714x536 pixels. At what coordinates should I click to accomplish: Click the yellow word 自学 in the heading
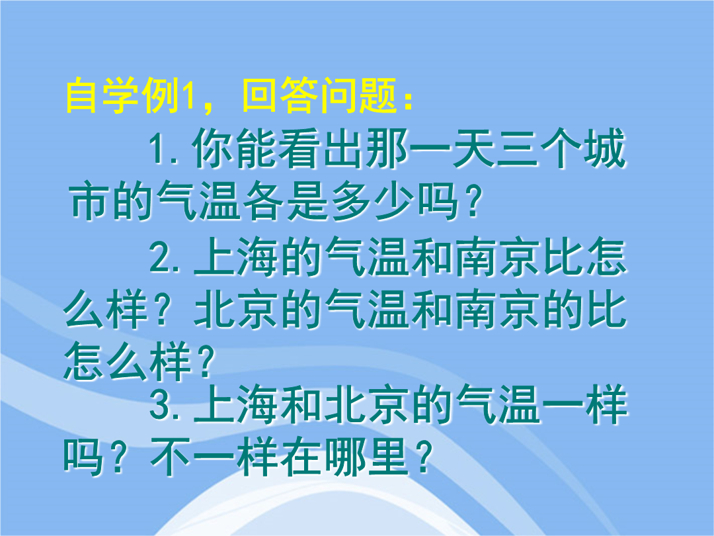[102, 96]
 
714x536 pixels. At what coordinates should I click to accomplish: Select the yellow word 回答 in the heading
[280, 96]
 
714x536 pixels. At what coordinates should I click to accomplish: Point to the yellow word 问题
[358, 96]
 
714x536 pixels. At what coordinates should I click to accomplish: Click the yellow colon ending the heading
[407, 99]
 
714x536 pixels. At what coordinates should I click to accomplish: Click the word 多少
[374, 201]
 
